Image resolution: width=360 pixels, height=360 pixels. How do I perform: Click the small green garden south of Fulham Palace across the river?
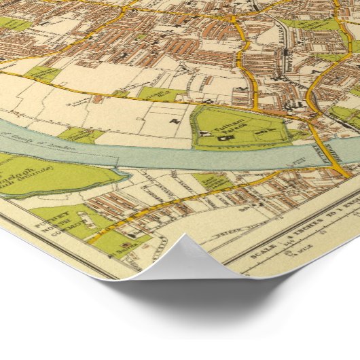click(x=207, y=180)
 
